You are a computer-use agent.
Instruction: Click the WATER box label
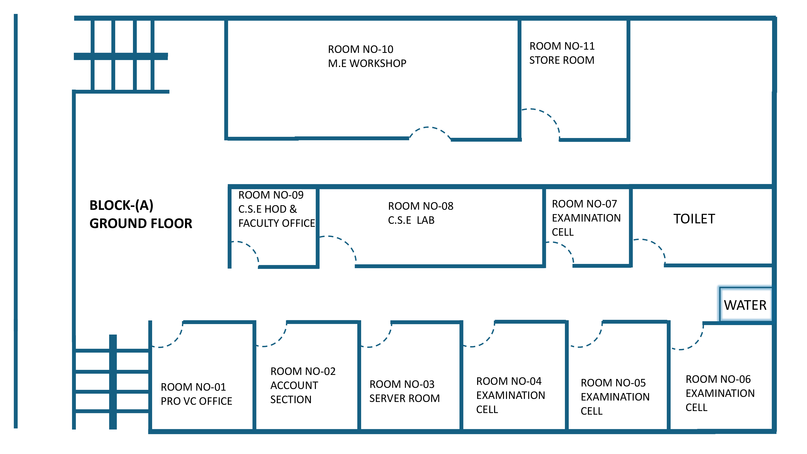coord(745,305)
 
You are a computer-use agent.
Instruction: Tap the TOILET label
coord(694,219)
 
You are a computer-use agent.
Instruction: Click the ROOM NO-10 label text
coord(360,49)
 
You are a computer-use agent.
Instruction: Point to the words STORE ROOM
coord(562,60)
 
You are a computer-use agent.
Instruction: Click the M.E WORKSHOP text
coord(367,63)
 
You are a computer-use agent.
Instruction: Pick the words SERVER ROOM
coord(405,398)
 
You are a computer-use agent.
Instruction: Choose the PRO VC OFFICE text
coord(197,401)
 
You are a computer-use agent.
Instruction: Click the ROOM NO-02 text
coord(303,371)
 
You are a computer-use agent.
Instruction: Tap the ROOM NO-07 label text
coord(584,204)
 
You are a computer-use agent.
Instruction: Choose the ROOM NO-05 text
coord(613,383)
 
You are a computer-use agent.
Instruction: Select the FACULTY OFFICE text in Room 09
coord(277,223)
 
